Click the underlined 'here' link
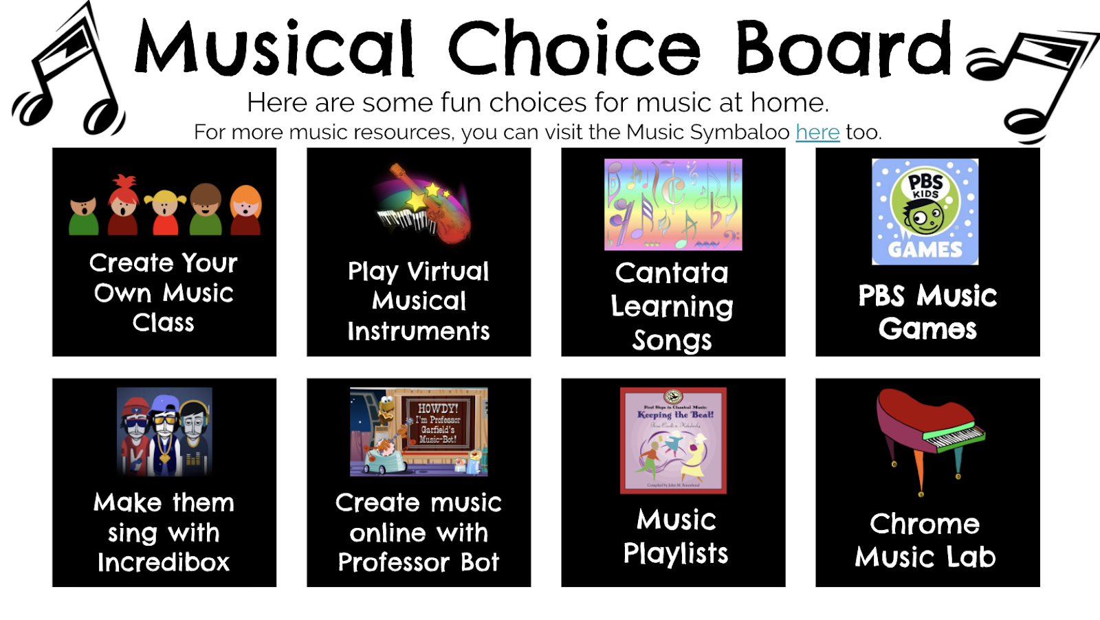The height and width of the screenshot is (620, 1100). tap(817, 132)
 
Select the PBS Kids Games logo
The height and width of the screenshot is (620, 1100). tap(925, 212)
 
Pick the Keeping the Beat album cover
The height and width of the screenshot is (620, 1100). tap(673, 441)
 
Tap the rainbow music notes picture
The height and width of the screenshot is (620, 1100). tap(673, 205)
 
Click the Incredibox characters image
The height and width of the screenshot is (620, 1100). tap(164, 432)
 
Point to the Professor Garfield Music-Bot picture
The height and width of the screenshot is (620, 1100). tap(419, 432)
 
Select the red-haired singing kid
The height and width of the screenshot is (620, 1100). tap(124, 206)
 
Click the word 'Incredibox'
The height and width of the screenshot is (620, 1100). tap(164, 563)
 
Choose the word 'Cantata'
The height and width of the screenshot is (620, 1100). tap(672, 273)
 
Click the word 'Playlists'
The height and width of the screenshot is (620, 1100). tap(675, 553)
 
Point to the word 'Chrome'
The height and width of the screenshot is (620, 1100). tap(925, 524)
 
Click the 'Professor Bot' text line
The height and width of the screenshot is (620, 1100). tap(418, 563)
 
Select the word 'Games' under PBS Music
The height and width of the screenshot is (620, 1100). tap(927, 329)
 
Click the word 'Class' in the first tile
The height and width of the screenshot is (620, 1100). tap(164, 323)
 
